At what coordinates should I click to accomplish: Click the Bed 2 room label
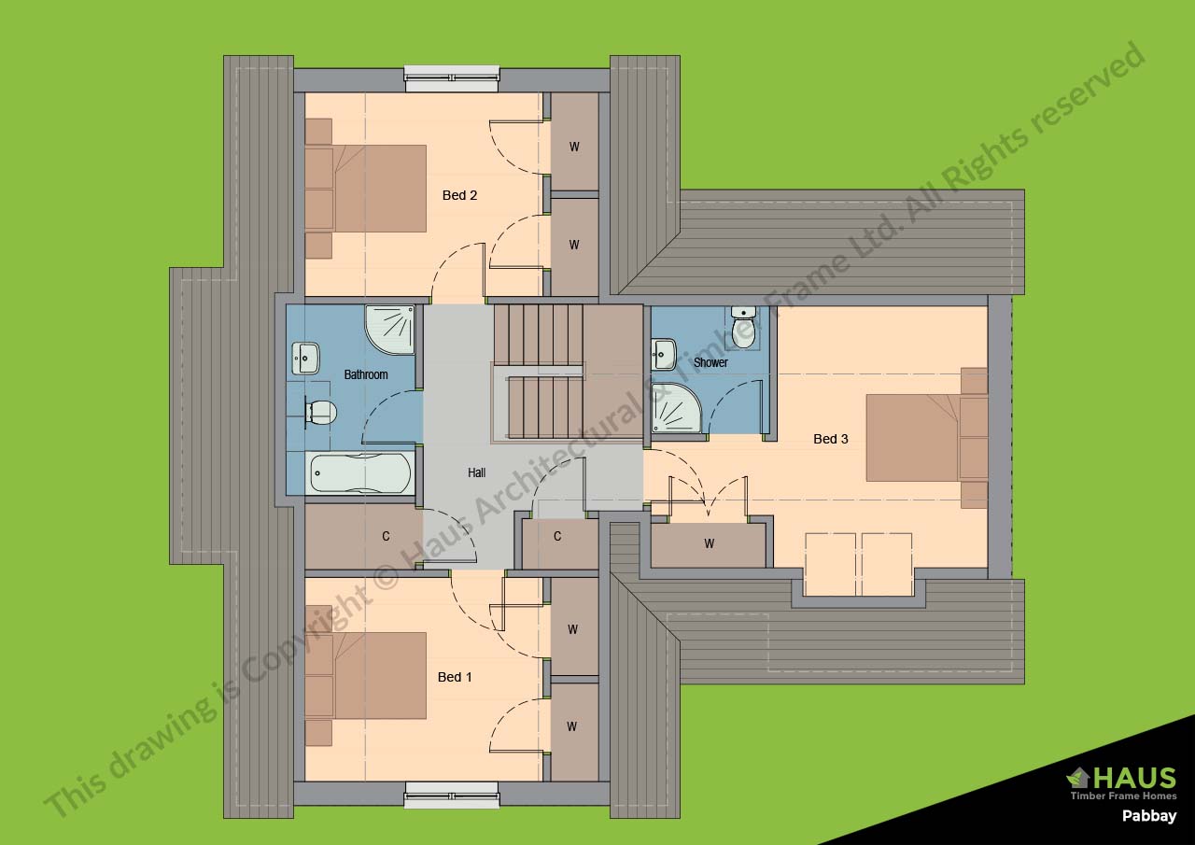(459, 195)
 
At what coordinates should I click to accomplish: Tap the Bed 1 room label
(455, 677)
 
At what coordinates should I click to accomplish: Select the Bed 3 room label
(831, 439)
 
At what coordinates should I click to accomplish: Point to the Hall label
(476, 472)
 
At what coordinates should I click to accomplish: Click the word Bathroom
(366, 374)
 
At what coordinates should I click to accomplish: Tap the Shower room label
(710, 363)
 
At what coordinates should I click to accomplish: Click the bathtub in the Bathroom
(360, 472)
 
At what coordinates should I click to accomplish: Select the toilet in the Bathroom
(320, 412)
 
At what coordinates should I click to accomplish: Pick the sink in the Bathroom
(305, 358)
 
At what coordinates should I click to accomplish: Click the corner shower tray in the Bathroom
(390, 330)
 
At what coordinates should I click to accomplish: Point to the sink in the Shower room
(664, 354)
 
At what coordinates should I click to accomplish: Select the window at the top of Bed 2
(452, 78)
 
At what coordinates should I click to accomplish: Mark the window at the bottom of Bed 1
(452, 797)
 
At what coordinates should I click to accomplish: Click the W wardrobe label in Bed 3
(709, 543)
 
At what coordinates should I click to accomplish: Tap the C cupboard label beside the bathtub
(386, 536)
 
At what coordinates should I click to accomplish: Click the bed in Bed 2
(366, 189)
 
